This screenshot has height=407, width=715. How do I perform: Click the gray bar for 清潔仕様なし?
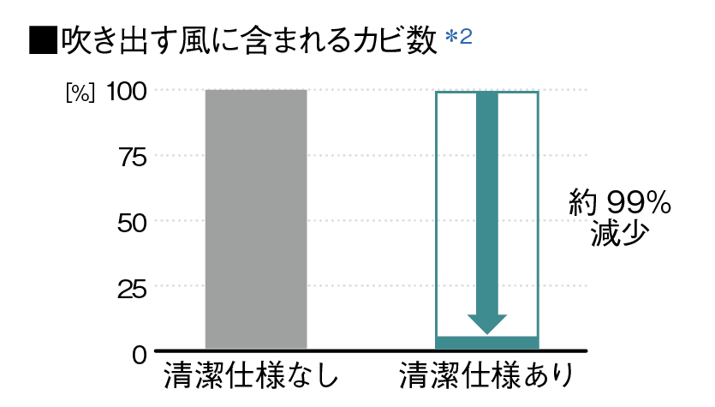click(255, 218)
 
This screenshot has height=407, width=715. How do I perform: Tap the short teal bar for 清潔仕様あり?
click(486, 343)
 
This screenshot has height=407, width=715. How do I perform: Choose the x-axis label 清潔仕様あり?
click(485, 377)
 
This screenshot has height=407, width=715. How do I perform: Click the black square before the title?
click(41, 40)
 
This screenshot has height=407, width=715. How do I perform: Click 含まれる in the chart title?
click(289, 41)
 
